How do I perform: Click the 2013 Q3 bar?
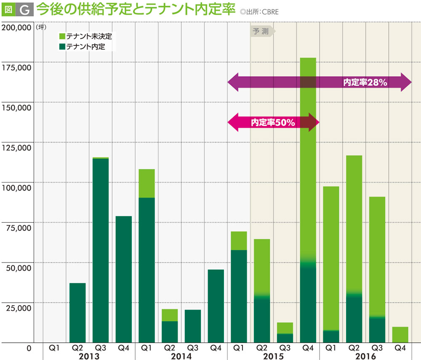(101, 250)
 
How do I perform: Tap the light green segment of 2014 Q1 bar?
(147, 184)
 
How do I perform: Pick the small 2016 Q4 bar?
(400, 335)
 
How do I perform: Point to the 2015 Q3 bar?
(285, 333)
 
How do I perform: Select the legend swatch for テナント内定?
(62, 46)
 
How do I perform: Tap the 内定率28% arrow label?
(365, 83)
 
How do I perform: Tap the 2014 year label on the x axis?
(181, 356)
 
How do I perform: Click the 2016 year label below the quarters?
(365, 356)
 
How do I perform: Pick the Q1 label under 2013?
(54, 348)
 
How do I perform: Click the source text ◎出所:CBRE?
(259, 12)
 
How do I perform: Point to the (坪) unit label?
(41, 28)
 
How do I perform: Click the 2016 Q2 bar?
(354, 249)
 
